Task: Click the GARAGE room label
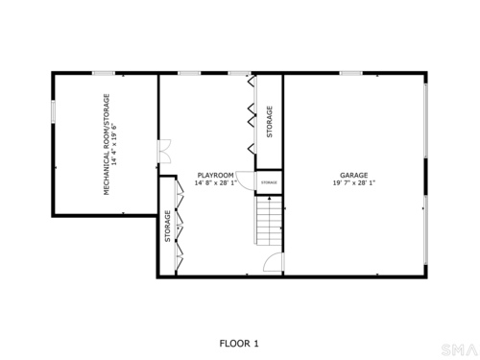click(353, 176)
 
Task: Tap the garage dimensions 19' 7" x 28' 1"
click(354, 183)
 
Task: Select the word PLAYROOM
click(215, 176)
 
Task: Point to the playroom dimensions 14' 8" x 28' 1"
click(216, 183)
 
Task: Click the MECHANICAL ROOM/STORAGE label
click(107, 144)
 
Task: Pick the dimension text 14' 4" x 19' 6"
click(114, 144)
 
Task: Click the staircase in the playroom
click(269, 221)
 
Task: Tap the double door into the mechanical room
click(165, 152)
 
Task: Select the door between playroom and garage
click(274, 262)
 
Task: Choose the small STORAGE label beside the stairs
click(269, 182)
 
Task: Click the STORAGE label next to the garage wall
click(270, 122)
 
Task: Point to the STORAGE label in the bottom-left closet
click(167, 226)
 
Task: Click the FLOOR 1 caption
click(239, 344)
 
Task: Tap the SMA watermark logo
click(459, 349)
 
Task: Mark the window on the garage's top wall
click(351, 73)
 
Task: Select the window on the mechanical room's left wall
click(54, 111)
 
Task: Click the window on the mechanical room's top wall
click(104, 73)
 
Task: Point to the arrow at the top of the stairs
click(270, 199)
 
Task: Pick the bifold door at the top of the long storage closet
click(252, 81)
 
